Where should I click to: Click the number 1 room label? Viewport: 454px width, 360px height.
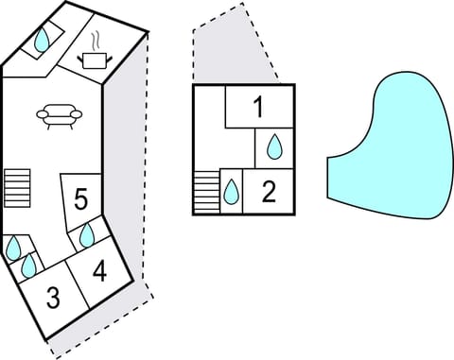[258, 108]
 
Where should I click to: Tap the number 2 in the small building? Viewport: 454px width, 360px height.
[269, 192]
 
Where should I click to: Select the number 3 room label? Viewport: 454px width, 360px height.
[53, 299]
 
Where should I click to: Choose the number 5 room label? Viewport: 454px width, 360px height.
[81, 199]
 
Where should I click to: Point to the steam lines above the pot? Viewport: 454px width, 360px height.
[97, 42]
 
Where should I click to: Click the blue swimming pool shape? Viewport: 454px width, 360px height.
[393, 146]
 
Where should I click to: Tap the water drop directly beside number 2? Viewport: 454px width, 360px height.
[231, 193]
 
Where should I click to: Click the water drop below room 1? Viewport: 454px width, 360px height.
[274, 146]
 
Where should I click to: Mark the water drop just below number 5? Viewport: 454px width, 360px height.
[87, 233]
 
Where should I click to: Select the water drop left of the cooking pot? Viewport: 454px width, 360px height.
[44, 40]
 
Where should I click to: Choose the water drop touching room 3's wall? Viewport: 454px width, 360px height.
[29, 266]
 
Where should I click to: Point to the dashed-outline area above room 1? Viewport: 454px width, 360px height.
[232, 47]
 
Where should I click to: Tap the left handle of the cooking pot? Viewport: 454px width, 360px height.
[82, 59]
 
